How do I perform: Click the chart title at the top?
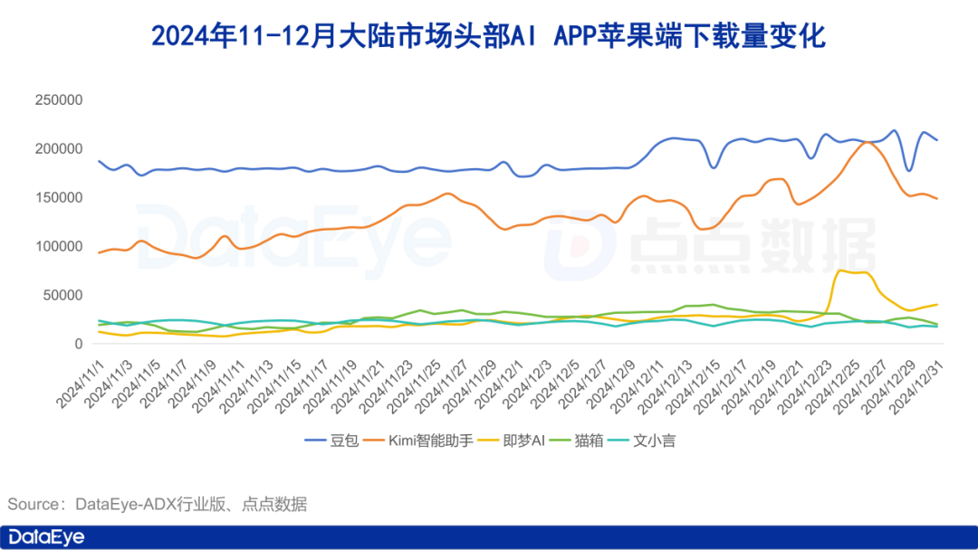point(488,37)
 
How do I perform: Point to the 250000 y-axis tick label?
point(59,100)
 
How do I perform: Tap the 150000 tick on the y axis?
point(59,197)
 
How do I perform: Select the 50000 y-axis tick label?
point(63,295)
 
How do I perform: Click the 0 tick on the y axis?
point(79,344)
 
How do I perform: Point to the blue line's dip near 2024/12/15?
point(714,167)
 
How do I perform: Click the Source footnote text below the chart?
point(158,504)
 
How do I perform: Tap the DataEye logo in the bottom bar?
point(45,537)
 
